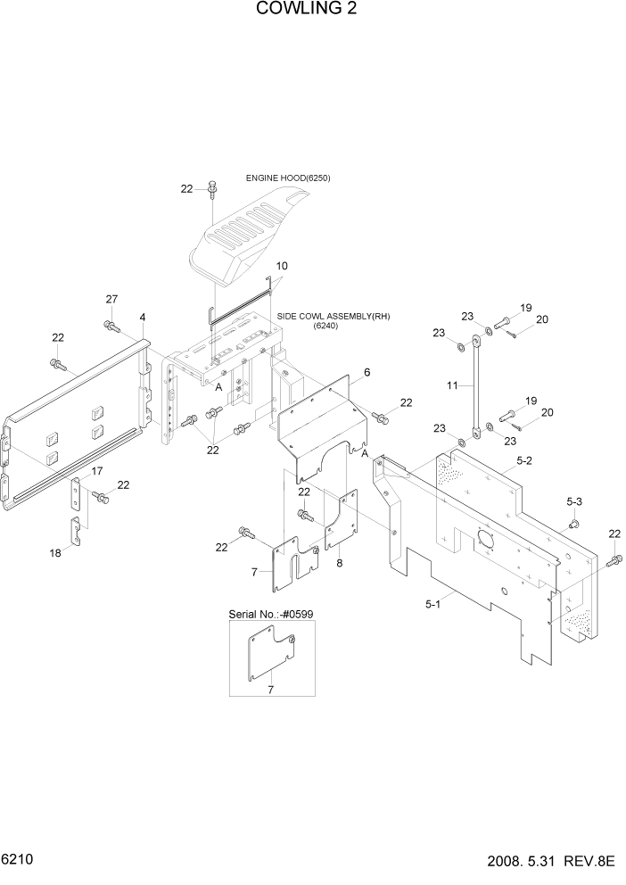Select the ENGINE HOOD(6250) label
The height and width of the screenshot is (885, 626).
[x=288, y=178]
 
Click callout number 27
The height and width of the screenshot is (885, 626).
[x=111, y=299]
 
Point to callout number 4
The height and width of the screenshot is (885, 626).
[x=143, y=318]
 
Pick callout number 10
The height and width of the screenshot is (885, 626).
[x=282, y=266]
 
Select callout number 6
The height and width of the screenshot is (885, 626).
[x=367, y=371]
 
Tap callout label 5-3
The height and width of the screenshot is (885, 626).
[x=574, y=502]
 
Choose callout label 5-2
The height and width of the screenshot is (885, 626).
[x=523, y=461]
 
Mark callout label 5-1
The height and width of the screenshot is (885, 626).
[x=433, y=605]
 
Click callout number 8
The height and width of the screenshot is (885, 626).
[x=340, y=564]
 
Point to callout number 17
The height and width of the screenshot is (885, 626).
[x=97, y=471]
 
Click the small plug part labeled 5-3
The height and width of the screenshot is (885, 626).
[x=574, y=523]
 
